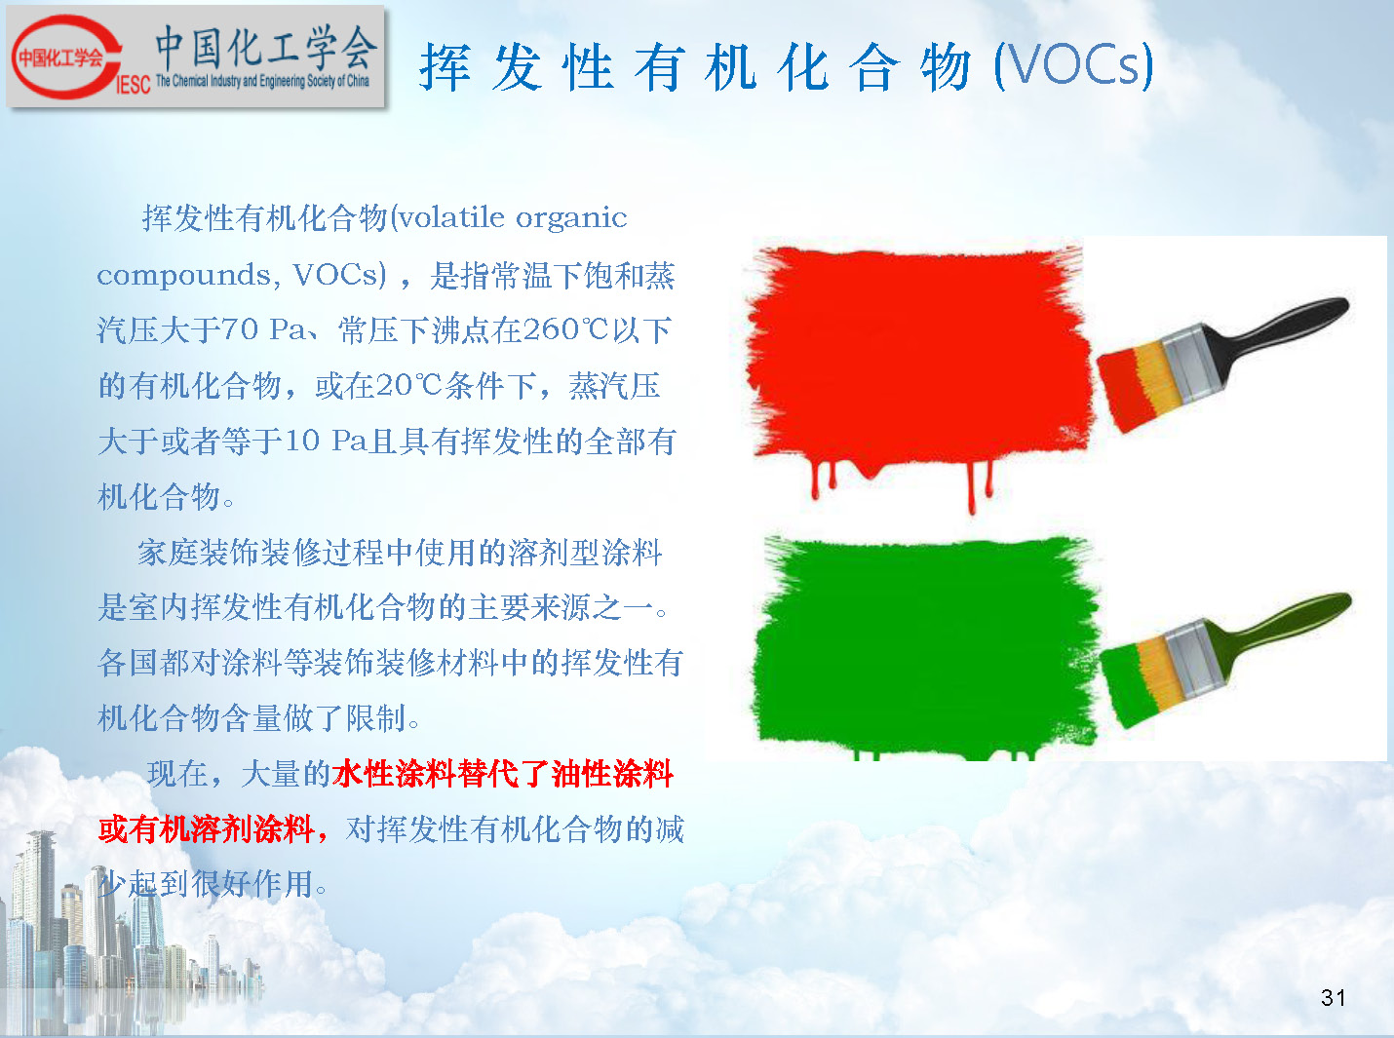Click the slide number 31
click(x=1333, y=998)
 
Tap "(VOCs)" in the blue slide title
click(x=1073, y=65)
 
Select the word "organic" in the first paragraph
click(x=571, y=218)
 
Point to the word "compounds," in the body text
click(x=185, y=276)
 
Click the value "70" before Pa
click(x=240, y=329)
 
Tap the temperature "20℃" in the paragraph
click(x=408, y=385)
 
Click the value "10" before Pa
click(x=302, y=441)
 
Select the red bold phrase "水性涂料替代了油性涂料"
click(x=503, y=774)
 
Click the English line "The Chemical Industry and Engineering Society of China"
click(x=262, y=81)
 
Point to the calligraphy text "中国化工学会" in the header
click(x=266, y=48)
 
